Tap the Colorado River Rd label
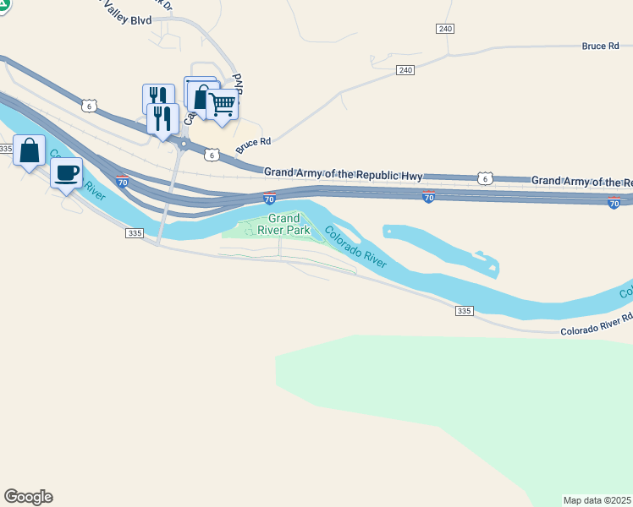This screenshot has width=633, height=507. click(x=597, y=324)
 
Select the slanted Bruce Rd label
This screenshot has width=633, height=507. click(x=253, y=145)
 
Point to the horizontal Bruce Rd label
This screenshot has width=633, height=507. click(x=601, y=46)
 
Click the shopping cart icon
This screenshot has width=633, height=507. click(x=222, y=104)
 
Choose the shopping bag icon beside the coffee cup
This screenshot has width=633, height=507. click(x=29, y=150)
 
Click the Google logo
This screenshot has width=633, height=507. click(x=28, y=497)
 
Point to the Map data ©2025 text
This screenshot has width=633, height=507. click(x=597, y=499)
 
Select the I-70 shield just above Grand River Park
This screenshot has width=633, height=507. click(x=269, y=199)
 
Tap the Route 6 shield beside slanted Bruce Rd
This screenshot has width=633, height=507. click(x=212, y=155)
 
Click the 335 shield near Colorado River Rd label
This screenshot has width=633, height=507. click(x=463, y=311)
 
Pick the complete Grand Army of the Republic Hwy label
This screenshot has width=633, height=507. click(x=343, y=174)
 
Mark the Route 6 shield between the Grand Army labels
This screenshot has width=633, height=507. click(x=483, y=178)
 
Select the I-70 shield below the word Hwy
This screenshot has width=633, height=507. click(x=428, y=197)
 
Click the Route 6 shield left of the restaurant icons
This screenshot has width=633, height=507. click(x=88, y=105)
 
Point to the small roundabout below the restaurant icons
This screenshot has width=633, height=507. click(x=183, y=145)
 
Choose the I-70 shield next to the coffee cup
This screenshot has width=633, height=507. click(x=123, y=181)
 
